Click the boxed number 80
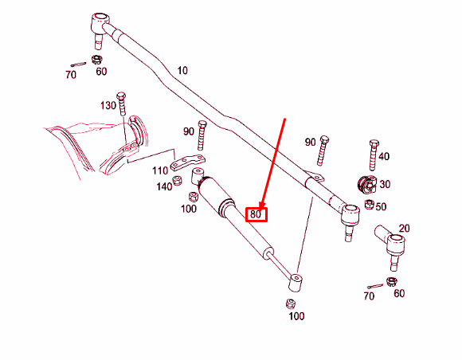click(x=256, y=213)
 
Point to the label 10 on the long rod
click(x=182, y=71)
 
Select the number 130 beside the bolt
click(x=108, y=106)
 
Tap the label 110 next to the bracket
click(x=161, y=170)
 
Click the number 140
click(x=164, y=186)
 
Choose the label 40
click(x=384, y=156)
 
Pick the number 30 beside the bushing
click(x=385, y=184)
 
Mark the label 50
click(x=381, y=207)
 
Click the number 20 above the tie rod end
click(x=404, y=229)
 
